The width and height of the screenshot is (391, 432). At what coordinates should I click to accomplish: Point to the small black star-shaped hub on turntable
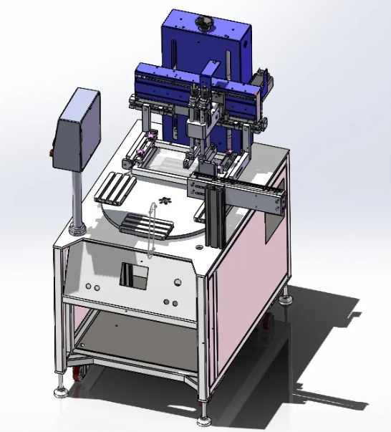pos(164,200)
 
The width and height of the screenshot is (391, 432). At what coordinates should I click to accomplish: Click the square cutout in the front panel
pos(134,275)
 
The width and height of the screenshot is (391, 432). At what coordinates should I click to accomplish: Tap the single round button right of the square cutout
pos(171,285)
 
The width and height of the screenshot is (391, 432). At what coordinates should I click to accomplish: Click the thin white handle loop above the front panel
pos(151,229)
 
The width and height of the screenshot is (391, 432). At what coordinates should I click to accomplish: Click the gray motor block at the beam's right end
pos(263,79)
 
